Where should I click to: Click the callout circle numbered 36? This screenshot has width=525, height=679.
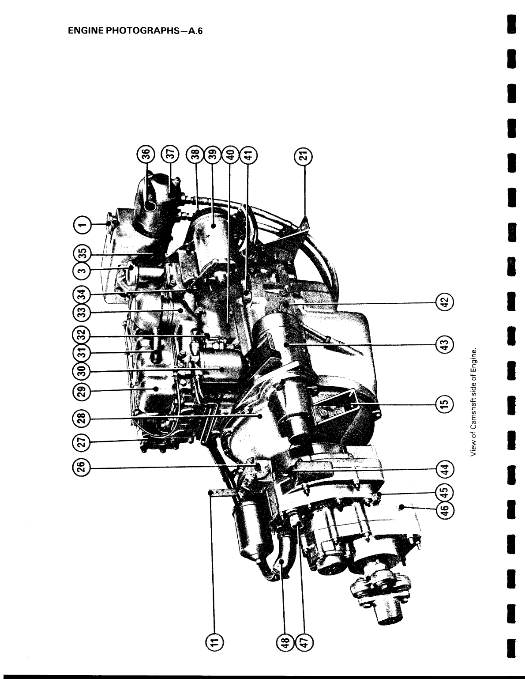[146, 155]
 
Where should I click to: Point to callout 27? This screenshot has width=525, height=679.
[82, 442]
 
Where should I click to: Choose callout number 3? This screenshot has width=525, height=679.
[82, 270]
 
